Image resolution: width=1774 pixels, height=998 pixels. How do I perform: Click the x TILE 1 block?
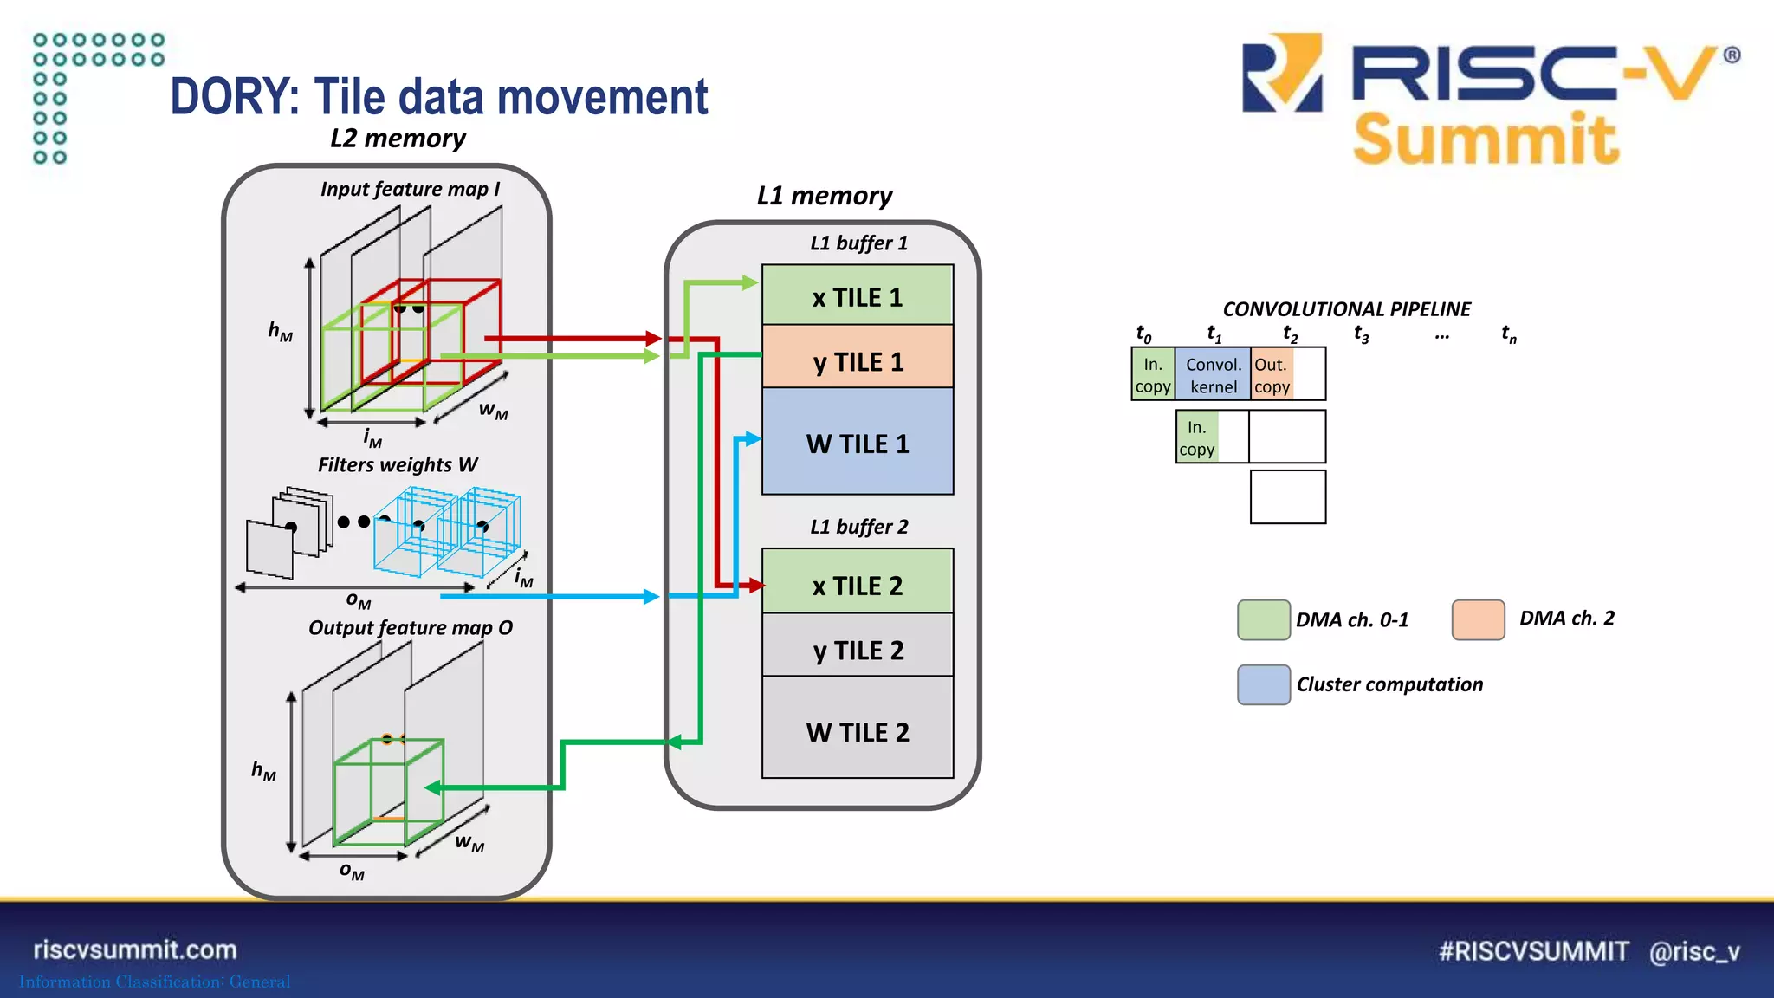click(x=858, y=296)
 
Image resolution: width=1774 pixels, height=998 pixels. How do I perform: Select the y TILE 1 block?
click(x=858, y=360)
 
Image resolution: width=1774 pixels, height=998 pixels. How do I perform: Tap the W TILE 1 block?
click(x=858, y=443)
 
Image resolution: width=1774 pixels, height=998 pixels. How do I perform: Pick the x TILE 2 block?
click(x=858, y=585)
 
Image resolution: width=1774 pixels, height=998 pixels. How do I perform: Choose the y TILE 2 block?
click(x=858, y=649)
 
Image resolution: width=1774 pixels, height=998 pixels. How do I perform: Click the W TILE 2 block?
click(x=858, y=731)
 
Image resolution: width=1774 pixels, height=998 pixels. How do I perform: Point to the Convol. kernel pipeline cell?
click(x=1213, y=374)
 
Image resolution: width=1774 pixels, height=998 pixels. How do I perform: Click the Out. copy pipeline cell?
click(x=1272, y=374)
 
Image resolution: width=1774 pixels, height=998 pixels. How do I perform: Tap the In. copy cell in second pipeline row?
click(x=1197, y=437)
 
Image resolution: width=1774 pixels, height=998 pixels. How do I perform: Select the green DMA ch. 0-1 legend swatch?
click(x=1263, y=619)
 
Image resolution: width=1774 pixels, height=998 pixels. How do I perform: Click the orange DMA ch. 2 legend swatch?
click(x=1478, y=619)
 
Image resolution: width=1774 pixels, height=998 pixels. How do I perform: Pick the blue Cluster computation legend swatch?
click(x=1263, y=684)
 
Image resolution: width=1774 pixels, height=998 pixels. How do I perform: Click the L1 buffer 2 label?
click(x=858, y=527)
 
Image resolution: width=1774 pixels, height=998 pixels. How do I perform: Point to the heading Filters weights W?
click(x=398, y=465)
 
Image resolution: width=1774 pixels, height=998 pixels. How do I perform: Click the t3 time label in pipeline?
click(x=1362, y=334)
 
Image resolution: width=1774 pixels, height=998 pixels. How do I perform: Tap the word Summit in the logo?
click(x=1485, y=139)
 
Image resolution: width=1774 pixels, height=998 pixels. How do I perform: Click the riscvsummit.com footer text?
click(x=135, y=949)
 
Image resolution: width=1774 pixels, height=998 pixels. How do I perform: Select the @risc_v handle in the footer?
click(x=1694, y=951)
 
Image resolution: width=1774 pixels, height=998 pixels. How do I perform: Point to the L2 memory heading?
click(x=398, y=139)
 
